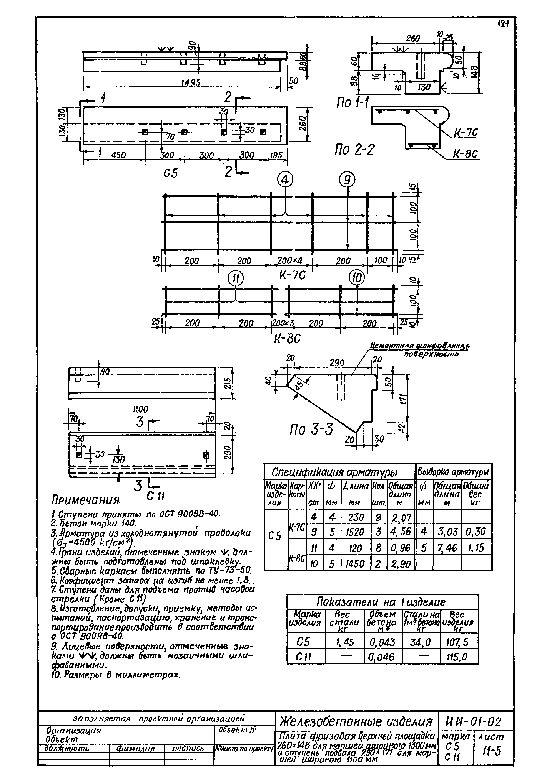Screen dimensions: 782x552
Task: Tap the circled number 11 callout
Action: (x=236, y=279)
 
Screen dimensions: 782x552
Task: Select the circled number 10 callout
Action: (x=357, y=278)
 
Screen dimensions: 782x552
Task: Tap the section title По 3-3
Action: (x=311, y=430)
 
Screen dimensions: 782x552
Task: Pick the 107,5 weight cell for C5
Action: (x=459, y=642)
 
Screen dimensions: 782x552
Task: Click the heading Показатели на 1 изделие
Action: (x=381, y=602)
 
